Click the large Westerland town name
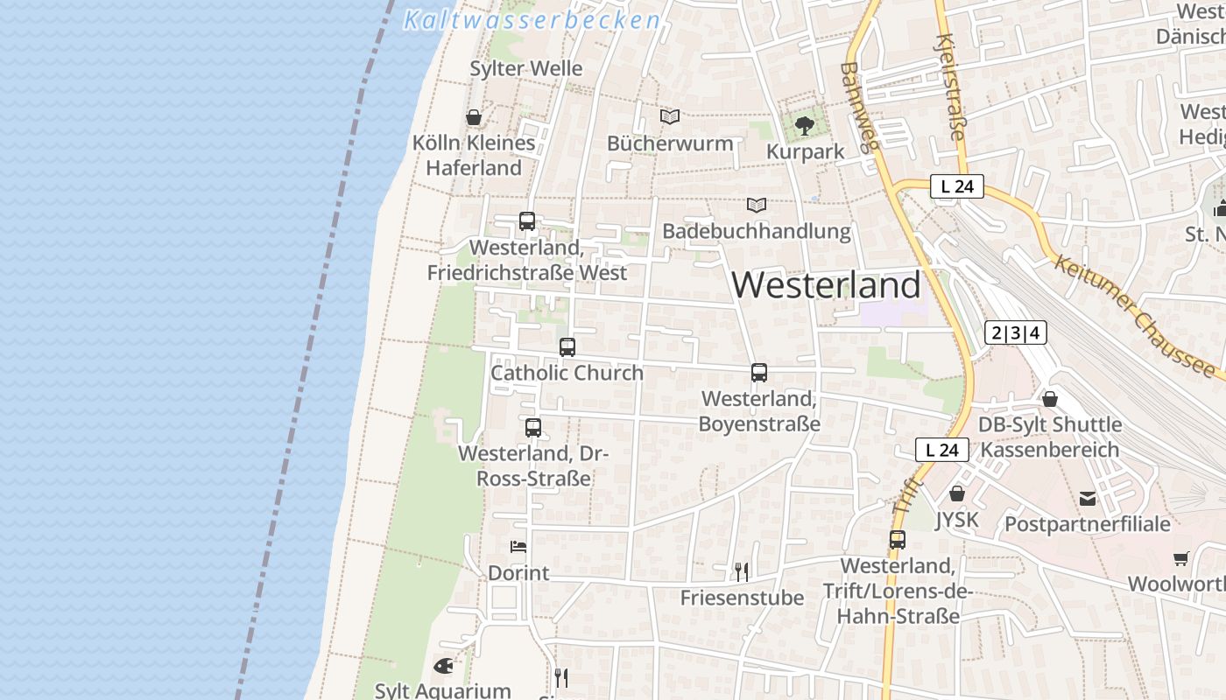click(826, 285)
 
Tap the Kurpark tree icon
click(804, 126)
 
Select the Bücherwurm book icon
click(670, 116)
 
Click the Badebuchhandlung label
click(756, 231)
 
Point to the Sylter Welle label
click(525, 68)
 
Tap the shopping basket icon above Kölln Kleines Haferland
click(474, 117)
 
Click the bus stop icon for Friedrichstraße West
click(526, 221)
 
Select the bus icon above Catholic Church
click(567, 347)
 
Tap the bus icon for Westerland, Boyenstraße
click(759, 373)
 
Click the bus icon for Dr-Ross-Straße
click(532, 428)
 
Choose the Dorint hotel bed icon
click(518, 547)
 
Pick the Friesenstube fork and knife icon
click(742, 572)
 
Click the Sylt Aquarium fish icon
click(443, 666)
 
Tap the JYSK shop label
click(956, 521)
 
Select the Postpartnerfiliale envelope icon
click(1088, 499)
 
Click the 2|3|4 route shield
click(1015, 332)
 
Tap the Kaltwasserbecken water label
click(532, 20)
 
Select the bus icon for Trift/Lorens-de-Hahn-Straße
click(898, 540)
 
